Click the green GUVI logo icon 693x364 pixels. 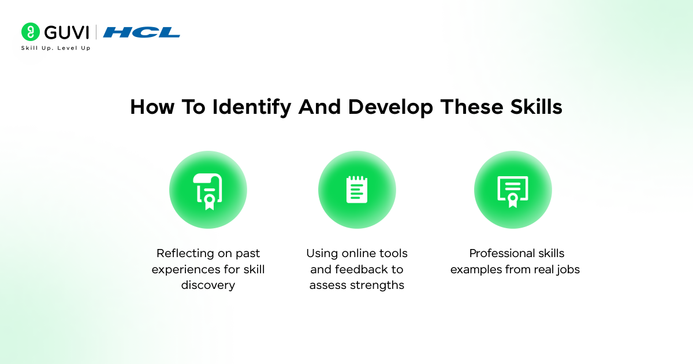pyautogui.click(x=30, y=32)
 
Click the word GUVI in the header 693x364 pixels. pyautogui.click(x=65, y=32)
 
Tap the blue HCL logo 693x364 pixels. pyautogui.click(x=141, y=32)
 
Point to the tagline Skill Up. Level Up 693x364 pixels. pyautogui.click(x=55, y=48)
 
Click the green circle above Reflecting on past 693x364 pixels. pyautogui.click(x=208, y=190)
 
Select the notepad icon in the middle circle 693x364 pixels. pyautogui.click(x=357, y=190)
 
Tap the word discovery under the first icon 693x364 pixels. pyautogui.click(x=208, y=285)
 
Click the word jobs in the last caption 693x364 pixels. pyautogui.click(x=567, y=269)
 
